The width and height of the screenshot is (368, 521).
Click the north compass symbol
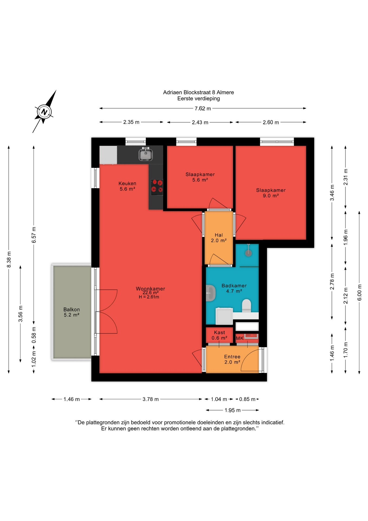coord(44,112)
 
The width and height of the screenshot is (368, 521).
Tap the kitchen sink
coord(146,154)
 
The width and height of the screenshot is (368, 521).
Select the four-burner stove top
coord(157,187)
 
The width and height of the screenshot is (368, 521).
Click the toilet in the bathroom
coord(247,306)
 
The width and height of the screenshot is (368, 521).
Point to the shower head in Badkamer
coord(248,253)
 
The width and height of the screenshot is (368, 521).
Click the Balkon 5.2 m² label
coord(72,312)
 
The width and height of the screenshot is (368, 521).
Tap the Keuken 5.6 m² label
coord(127,186)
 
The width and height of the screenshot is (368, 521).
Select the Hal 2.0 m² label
coord(219,238)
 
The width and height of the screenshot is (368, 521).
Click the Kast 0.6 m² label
coord(219,335)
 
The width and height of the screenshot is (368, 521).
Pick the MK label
coord(240,338)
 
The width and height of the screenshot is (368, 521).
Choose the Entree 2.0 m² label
coord(232,359)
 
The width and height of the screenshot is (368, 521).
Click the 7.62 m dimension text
coord(203,109)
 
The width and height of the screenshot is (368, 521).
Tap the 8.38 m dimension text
coord(9,259)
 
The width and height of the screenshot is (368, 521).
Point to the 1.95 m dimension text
coord(233,410)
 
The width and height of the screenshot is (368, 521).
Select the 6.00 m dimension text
coord(360,293)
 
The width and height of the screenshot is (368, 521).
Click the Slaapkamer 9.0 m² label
coord(271,193)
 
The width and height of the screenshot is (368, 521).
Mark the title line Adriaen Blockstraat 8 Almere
coord(198,93)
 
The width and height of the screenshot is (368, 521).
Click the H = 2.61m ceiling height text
coord(149,297)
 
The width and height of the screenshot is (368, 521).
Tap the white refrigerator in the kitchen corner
coord(108,155)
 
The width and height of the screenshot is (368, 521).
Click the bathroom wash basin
coord(211,293)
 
